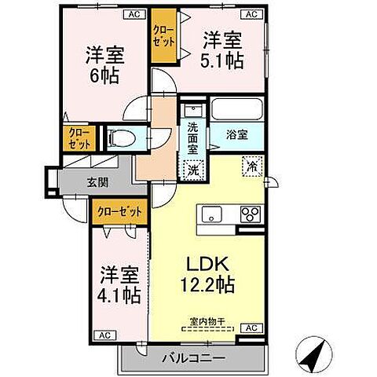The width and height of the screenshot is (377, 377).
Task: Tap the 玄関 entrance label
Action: click(x=98, y=184)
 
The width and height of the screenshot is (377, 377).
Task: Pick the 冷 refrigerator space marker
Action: click(x=252, y=167)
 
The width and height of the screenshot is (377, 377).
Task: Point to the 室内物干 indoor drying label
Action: click(x=207, y=320)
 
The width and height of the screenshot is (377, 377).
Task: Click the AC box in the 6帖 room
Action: click(x=134, y=13)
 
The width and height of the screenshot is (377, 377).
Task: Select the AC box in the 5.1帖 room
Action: click(x=253, y=13)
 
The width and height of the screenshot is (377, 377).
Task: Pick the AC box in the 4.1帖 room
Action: click(x=103, y=335)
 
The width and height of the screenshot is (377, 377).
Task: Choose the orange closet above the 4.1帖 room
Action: click(x=119, y=210)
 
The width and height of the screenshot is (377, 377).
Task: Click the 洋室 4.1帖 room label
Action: click(x=120, y=286)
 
